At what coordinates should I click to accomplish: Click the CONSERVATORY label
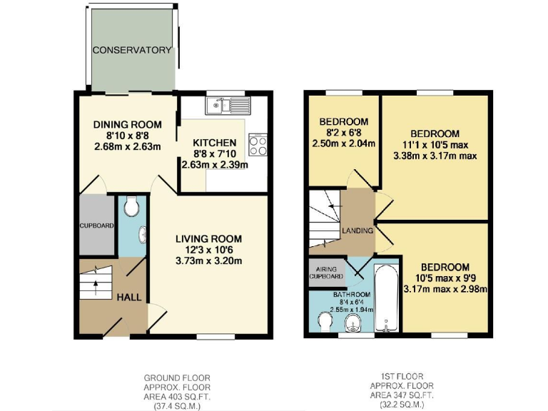[x=132, y=51]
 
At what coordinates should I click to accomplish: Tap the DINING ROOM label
[x=128, y=124]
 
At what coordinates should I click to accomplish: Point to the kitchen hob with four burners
[x=257, y=145]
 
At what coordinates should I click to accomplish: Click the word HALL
[x=130, y=296]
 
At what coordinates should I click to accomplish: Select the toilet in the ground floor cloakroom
[x=131, y=208]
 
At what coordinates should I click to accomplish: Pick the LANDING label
[x=357, y=230]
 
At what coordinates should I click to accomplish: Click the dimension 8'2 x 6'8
[x=343, y=132]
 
